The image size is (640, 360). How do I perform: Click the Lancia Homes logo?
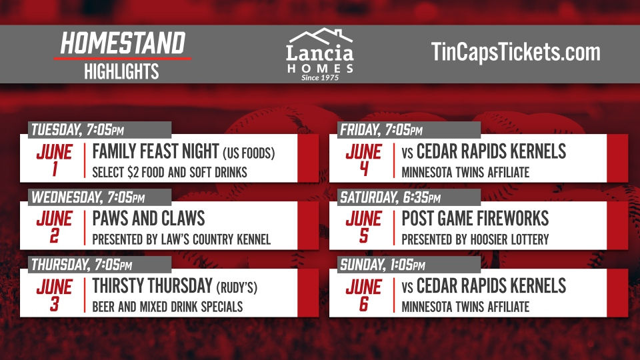tap(319, 55)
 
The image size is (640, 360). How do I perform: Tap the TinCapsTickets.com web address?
tap(515, 52)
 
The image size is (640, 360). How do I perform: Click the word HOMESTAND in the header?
tap(122, 43)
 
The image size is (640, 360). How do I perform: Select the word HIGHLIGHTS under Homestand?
tap(121, 71)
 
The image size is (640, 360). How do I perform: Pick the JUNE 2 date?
tap(54, 227)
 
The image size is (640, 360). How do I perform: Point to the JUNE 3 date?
tap(54, 294)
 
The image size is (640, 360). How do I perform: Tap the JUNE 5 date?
tap(363, 227)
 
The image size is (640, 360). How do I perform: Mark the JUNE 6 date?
tap(363, 294)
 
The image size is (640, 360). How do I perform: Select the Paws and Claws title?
tap(148, 219)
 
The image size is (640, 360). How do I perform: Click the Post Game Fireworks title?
tap(475, 219)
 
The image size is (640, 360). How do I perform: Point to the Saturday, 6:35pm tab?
tap(390, 197)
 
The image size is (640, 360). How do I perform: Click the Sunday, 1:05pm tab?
tap(383, 265)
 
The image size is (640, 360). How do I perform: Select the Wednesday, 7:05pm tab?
tap(88, 197)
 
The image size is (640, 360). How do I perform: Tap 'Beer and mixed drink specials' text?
tap(167, 307)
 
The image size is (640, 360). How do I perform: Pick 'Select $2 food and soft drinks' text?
tap(169, 173)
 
